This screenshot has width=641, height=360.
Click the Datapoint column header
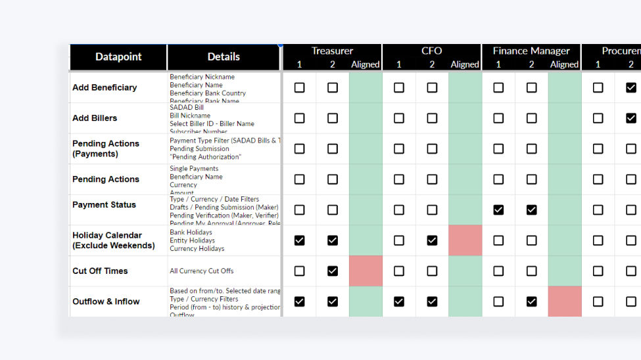[118, 57]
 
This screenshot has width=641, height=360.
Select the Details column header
[224, 57]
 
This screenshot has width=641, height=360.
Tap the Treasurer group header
[332, 51]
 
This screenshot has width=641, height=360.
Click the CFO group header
[431, 51]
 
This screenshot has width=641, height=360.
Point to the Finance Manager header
[531, 51]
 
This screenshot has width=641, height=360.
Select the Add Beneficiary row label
[105, 87]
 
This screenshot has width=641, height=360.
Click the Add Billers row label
[95, 118]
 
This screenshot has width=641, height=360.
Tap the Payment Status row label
[104, 205]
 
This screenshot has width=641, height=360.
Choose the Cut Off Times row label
[100, 271]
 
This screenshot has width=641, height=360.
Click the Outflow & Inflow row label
[106, 302]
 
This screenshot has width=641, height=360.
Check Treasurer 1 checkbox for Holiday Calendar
[299, 240]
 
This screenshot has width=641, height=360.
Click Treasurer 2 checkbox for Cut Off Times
[333, 271]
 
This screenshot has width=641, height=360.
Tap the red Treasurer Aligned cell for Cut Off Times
[366, 271]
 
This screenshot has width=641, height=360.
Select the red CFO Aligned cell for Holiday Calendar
[465, 240]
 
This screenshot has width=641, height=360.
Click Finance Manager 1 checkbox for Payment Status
[498, 210]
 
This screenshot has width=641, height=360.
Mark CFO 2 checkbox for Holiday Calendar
[432, 240]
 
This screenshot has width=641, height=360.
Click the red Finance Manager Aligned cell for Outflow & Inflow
[565, 302]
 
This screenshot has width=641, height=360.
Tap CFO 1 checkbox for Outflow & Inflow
[399, 302]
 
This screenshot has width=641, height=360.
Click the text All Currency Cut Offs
[202, 271]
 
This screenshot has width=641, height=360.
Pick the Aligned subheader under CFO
[465, 64]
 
